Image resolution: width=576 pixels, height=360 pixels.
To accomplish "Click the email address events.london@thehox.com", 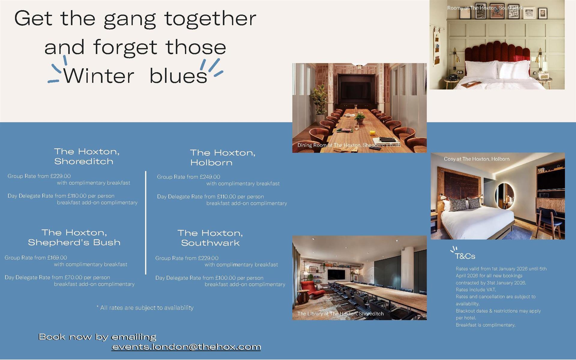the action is (186, 347).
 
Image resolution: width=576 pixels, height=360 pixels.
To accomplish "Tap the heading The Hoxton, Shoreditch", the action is (87, 156).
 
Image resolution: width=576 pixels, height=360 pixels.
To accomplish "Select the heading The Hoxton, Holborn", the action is (223, 158).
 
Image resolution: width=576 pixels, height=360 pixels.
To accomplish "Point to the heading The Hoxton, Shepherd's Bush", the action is (74, 237).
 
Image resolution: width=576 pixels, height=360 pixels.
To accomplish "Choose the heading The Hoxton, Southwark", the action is (210, 238).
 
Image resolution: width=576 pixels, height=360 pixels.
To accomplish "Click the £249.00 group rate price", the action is (210, 177).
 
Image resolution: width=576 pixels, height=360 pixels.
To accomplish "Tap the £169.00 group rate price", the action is (57, 258).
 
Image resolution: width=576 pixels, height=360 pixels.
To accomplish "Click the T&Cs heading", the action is (465, 256).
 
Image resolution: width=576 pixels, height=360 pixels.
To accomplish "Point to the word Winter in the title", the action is (99, 76).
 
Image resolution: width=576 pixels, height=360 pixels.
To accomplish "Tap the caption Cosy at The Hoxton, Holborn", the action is (477, 159).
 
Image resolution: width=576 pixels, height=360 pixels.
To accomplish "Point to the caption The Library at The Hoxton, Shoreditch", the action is (340, 314).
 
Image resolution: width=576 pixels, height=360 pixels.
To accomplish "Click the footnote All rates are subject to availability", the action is (145, 308).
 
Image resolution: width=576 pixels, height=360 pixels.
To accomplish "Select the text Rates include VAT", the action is (476, 290).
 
